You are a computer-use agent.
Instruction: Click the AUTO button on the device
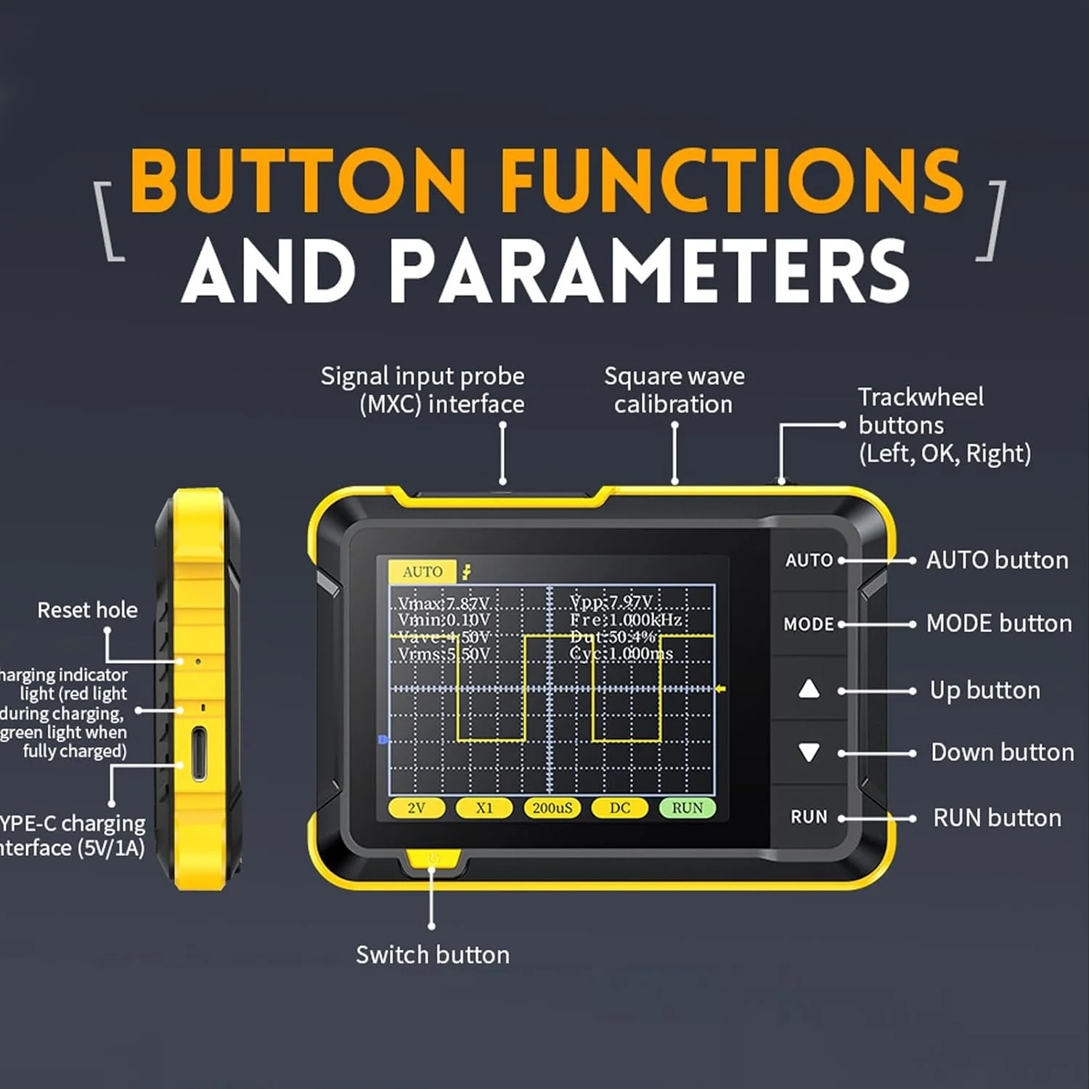(x=809, y=560)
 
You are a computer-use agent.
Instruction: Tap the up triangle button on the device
(x=809, y=689)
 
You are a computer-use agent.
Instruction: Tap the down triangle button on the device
(x=809, y=752)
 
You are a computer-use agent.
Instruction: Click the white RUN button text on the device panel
(x=809, y=817)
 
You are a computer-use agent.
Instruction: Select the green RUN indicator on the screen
(x=687, y=808)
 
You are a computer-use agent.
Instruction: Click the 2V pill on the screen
(x=416, y=808)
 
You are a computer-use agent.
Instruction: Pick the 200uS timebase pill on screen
(x=552, y=808)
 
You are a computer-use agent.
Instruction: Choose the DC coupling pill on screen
(x=619, y=808)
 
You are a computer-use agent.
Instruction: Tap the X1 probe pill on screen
(x=484, y=808)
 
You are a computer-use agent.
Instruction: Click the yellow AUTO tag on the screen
(x=422, y=572)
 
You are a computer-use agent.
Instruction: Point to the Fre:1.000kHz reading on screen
(x=626, y=620)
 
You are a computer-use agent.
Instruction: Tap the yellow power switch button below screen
(x=433, y=860)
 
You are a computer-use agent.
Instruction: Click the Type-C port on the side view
(x=198, y=754)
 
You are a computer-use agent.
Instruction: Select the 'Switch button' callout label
(x=433, y=955)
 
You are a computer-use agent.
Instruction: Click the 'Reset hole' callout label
(x=87, y=610)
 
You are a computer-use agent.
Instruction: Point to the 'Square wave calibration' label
(x=674, y=390)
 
